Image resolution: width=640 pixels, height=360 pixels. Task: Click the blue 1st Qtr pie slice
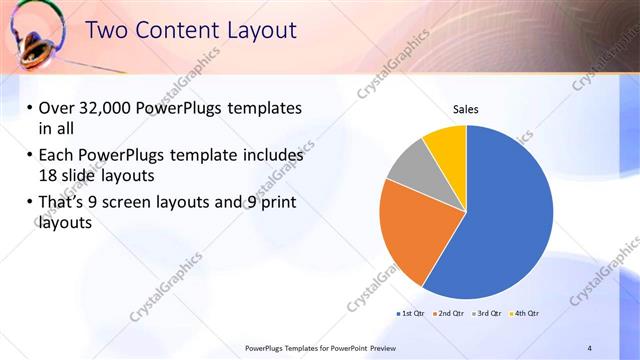click(x=500, y=220)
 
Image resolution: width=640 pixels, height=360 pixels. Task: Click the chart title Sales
click(x=466, y=109)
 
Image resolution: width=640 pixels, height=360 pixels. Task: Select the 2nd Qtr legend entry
click(x=449, y=314)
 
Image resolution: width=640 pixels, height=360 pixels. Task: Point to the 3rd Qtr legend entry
click(x=487, y=314)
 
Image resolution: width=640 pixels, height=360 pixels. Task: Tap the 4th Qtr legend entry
click(x=525, y=314)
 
